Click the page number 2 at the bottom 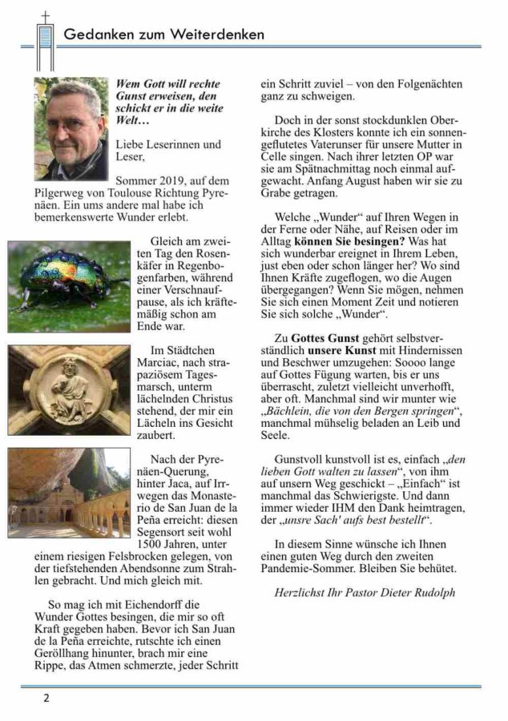coord(46,698)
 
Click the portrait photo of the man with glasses coord(71,128)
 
